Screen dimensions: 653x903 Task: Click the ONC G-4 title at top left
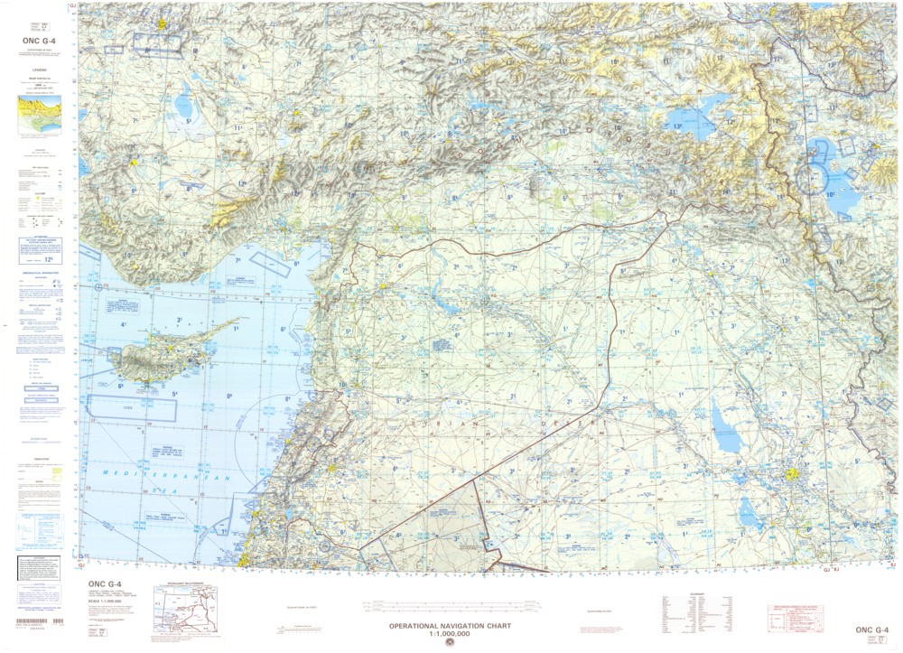(36, 41)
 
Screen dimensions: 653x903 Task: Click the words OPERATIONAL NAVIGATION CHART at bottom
(450, 626)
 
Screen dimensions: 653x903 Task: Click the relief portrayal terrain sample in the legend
(36, 114)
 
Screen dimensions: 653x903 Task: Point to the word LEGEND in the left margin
(36, 68)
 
